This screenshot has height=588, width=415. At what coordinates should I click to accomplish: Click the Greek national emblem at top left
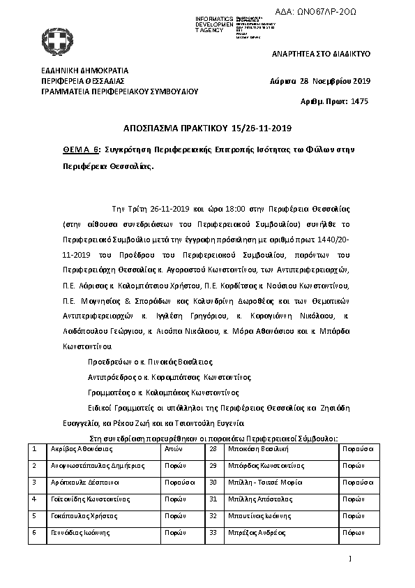[53, 41]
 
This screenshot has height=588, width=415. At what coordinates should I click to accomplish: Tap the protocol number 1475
[358, 101]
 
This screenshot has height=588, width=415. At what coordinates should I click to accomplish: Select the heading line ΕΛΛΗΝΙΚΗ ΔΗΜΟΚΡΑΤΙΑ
[84, 71]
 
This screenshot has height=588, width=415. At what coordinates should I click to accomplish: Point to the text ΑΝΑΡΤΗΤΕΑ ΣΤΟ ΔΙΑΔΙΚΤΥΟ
[321, 54]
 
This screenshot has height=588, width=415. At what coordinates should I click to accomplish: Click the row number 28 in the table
[213, 449]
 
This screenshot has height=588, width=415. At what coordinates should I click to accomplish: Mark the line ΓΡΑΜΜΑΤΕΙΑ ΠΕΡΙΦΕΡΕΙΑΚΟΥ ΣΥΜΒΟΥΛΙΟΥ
[120, 91]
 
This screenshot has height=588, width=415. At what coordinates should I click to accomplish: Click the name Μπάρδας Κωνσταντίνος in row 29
[266, 466]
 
